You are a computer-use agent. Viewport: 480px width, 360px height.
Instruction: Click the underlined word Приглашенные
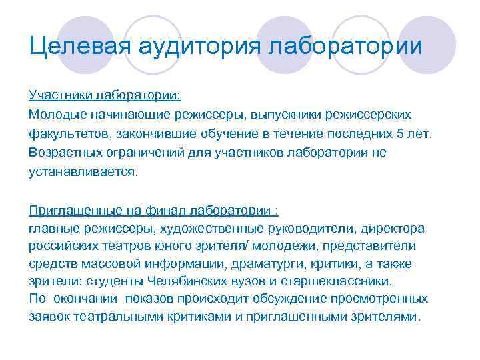tap(75, 211)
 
